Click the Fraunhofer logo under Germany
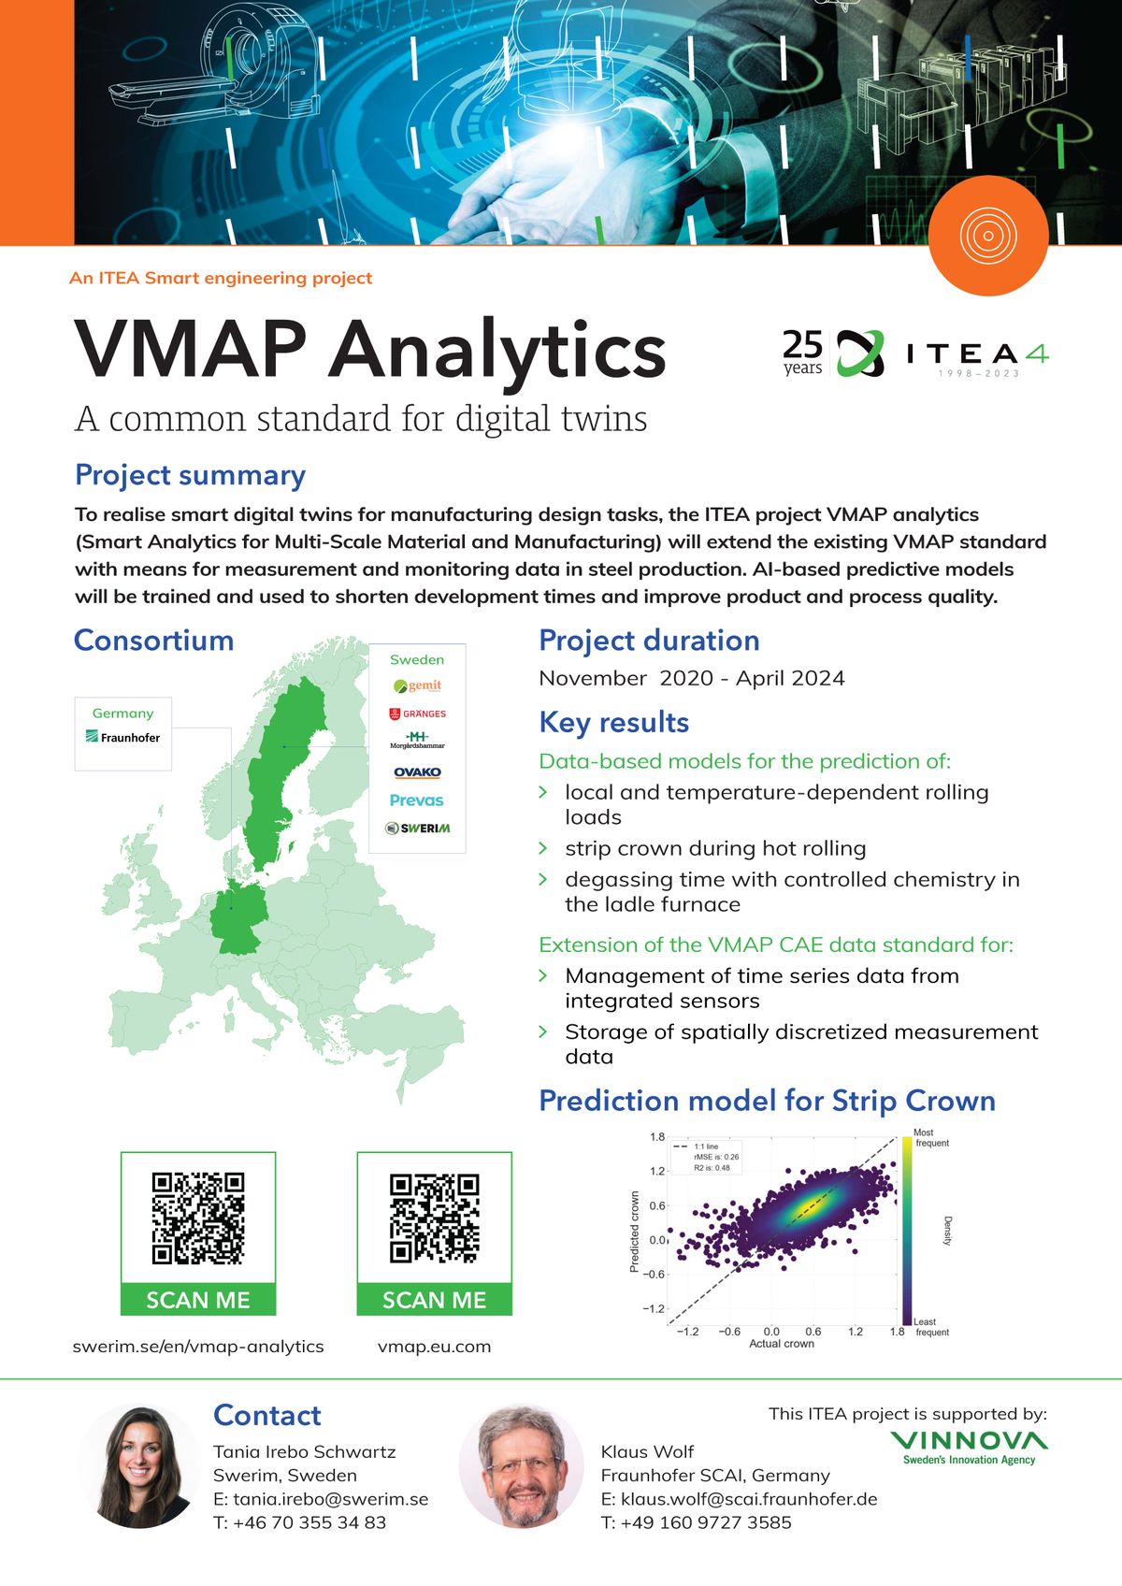click(x=122, y=737)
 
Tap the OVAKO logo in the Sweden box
click(x=417, y=772)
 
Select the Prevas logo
click(x=417, y=800)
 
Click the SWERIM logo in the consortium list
click(x=418, y=828)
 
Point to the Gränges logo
click(x=417, y=714)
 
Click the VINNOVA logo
click(x=969, y=1446)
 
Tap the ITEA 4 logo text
click(x=977, y=354)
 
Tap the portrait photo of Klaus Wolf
click(x=520, y=1465)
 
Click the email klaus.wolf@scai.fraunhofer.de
click(x=739, y=1499)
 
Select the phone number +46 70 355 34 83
click(x=299, y=1522)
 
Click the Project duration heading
click(x=649, y=641)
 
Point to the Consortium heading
click(x=154, y=641)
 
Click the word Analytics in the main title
click(x=496, y=350)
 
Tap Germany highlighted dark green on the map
click(x=237, y=921)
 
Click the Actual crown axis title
click(x=782, y=1344)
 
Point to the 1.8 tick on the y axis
click(x=657, y=1137)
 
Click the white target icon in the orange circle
click(x=988, y=235)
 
